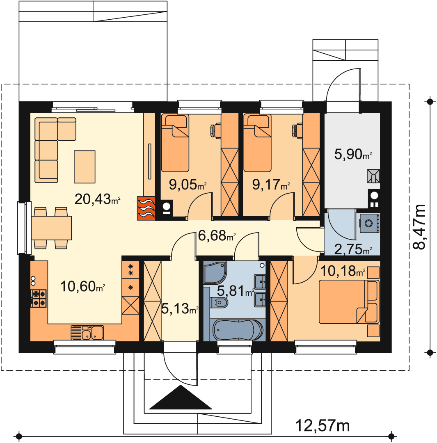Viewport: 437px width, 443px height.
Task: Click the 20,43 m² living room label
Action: (98, 199)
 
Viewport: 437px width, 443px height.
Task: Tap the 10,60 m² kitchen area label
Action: (82, 286)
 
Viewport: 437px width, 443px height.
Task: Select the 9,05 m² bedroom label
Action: (188, 185)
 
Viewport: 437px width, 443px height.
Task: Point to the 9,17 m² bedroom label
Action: (271, 185)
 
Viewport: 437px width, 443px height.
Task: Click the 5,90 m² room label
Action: (353, 154)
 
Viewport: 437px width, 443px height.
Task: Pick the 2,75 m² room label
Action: (353, 249)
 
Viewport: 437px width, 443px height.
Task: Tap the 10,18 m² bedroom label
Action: (343, 271)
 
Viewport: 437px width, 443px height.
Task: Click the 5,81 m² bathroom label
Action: (235, 291)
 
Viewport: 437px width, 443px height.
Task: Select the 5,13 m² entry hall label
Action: (179, 309)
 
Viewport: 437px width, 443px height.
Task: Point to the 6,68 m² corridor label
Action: (217, 235)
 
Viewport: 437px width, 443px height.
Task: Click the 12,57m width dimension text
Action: (323, 425)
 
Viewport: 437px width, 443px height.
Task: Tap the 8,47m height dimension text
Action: (419, 226)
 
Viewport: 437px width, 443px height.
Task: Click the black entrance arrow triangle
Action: (181, 397)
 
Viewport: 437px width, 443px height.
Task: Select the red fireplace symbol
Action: (146, 208)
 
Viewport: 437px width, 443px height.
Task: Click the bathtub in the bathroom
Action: (238, 330)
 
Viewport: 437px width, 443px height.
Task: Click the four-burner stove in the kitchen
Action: (39, 298)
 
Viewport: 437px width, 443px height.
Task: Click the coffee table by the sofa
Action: (85, 167)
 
